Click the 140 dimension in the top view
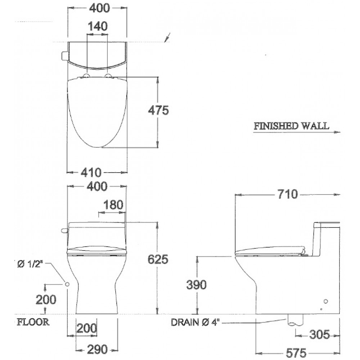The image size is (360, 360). [98, 26]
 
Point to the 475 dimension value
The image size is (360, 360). [158, 111]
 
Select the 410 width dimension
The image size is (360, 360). [91, 172]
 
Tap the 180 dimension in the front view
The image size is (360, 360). [113, 205]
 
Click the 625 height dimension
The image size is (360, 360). [158, 260]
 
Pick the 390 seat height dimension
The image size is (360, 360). [196, 285]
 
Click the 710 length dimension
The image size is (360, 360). [287, 194]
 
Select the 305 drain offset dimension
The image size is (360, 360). [319, 334]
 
